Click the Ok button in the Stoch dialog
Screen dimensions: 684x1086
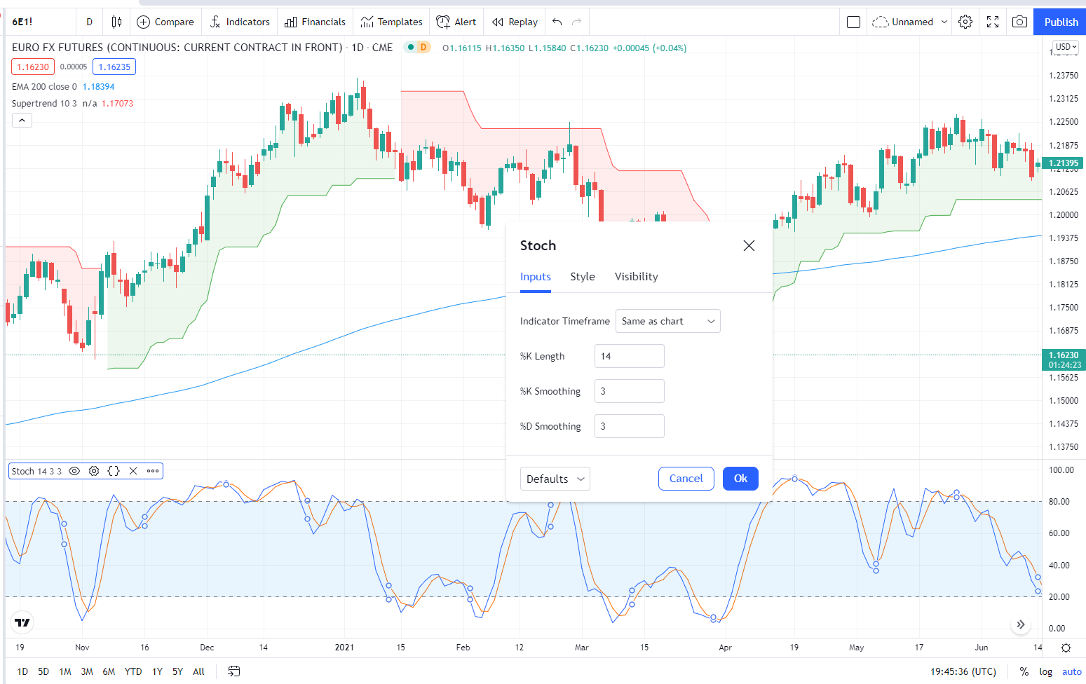740,479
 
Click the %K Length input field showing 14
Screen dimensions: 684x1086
629,356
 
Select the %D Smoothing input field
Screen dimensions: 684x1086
629,426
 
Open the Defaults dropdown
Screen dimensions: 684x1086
555,479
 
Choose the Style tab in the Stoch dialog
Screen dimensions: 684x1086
582,277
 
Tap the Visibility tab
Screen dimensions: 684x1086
636,277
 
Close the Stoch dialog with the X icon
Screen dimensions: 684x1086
749,245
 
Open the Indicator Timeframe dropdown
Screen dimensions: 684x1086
667,321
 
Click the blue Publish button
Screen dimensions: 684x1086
1060,22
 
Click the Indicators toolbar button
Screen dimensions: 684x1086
240,22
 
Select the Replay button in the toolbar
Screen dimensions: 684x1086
515,22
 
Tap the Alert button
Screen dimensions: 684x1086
456,22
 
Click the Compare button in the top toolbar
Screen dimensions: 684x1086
165,22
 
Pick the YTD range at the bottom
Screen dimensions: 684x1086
133,671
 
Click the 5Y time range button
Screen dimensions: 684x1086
177,671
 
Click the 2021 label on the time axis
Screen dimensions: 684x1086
344,648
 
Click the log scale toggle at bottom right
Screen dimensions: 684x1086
1045,671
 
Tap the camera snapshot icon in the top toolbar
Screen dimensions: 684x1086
1019,22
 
